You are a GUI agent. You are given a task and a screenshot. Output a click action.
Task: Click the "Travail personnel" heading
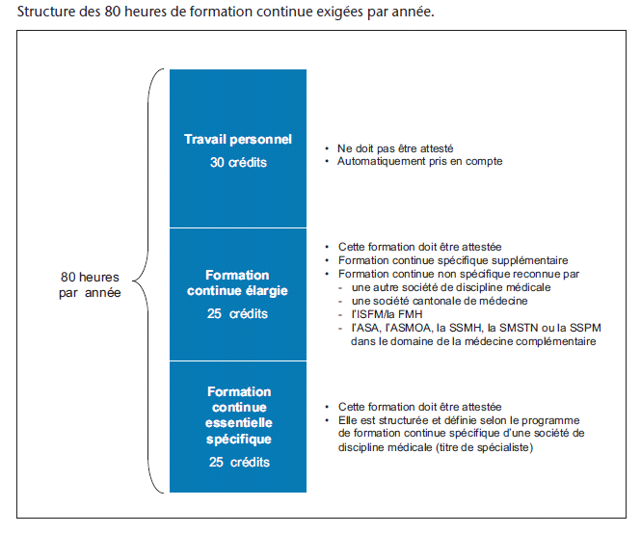point(238,140)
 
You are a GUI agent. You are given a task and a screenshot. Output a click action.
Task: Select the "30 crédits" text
point(238,162)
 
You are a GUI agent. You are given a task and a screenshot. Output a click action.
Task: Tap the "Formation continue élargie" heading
point(237,282)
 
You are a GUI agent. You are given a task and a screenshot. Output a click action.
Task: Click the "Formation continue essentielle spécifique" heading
point(239,415)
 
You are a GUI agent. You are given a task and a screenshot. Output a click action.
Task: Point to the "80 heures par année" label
point(90,284)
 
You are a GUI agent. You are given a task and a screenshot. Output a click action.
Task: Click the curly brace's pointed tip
point(133,280)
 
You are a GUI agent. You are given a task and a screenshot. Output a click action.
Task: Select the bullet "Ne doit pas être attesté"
point(395,148)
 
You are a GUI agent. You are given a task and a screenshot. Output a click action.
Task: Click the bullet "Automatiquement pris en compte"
point(419,162)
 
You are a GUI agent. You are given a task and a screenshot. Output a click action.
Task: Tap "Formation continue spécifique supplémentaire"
point(453,260)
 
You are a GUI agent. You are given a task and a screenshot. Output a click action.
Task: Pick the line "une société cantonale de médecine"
point(440,301)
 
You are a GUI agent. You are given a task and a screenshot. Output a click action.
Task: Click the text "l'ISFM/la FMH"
point(387,314)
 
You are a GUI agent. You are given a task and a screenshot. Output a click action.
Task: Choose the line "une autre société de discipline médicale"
point(451,287)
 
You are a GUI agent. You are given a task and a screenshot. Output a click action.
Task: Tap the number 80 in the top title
point(112,12)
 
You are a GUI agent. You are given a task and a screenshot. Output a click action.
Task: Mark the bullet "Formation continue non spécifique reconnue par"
point(459,274)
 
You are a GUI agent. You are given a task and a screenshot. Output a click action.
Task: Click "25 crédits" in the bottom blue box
point(239,462)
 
